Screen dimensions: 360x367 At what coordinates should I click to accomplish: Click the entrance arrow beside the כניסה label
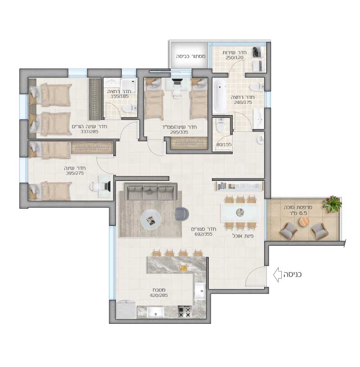(x=277, y=274)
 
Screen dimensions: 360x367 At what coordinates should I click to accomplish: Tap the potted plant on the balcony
(x=332, y=204)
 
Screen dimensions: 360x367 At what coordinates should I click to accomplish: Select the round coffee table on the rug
(x=150, y=220)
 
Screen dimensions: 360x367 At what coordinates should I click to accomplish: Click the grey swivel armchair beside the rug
(x=182, y=214)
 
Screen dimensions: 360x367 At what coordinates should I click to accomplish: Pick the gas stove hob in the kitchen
(x=184, y=312)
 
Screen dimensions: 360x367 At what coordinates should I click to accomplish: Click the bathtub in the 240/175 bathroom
(x=220, y=96)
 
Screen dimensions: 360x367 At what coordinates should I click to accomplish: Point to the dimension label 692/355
(x=203, y=234)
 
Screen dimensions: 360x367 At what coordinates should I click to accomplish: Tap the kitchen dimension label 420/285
(x=159, y=295)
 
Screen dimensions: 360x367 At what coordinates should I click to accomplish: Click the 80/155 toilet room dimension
(x=224, y=145)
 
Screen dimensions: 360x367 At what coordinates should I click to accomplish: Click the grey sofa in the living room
(x=150, y=191)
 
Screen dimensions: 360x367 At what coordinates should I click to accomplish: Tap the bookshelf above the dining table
(x=239, y=186)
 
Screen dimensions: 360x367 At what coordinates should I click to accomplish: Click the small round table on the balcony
(x=304, y=221)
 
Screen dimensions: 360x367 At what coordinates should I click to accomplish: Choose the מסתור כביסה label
(x=191, y=56)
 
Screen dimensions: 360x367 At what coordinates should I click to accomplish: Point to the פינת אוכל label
(x=243, y=236)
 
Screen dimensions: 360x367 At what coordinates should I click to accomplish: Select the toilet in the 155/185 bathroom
(x=128, y=108)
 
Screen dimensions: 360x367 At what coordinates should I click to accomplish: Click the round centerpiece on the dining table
(x=240, y=213)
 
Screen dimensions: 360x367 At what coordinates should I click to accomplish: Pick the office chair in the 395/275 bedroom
(x=94, y=187)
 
